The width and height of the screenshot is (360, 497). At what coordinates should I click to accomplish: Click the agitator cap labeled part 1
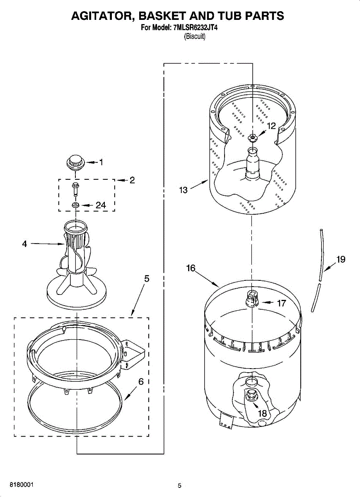[x=75, y=162]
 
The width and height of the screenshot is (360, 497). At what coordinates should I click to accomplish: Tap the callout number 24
[x=101, y=205]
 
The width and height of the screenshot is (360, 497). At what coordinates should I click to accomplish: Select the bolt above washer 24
[x=75, y=189]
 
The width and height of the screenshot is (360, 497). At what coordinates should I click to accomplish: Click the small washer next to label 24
[x=75, y=205]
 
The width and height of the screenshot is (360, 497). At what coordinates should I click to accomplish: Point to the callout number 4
[x=24, y=244]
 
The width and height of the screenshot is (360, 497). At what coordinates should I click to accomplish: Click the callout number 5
[x=147, y=279]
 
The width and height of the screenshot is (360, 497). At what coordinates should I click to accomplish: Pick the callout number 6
[x=141, y=382]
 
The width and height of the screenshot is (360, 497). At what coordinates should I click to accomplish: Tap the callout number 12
[x=271, y=126]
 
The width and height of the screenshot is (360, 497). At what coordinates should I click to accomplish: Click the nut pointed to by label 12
[x=252, y=138]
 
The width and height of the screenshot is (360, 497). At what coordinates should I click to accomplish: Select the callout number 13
[x=183, y=190]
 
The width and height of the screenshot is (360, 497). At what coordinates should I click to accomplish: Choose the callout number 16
[x=191, y=268]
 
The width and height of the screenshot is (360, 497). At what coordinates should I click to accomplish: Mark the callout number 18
[x=263, y=413]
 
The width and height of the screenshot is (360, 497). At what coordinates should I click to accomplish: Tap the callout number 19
[x=341, y=260]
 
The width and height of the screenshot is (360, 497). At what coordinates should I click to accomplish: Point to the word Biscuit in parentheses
[x=194, y=36]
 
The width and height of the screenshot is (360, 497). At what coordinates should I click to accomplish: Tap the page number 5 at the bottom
[x=179, y=486]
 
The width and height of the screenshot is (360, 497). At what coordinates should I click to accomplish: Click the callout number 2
[x=132, y=180]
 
